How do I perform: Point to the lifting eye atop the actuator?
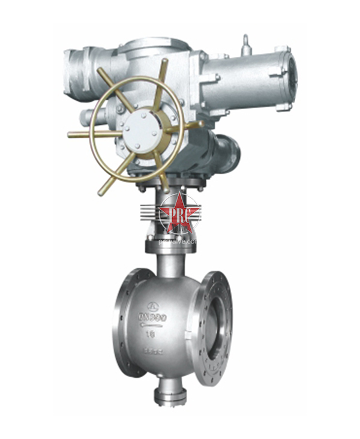coord(245,44)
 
